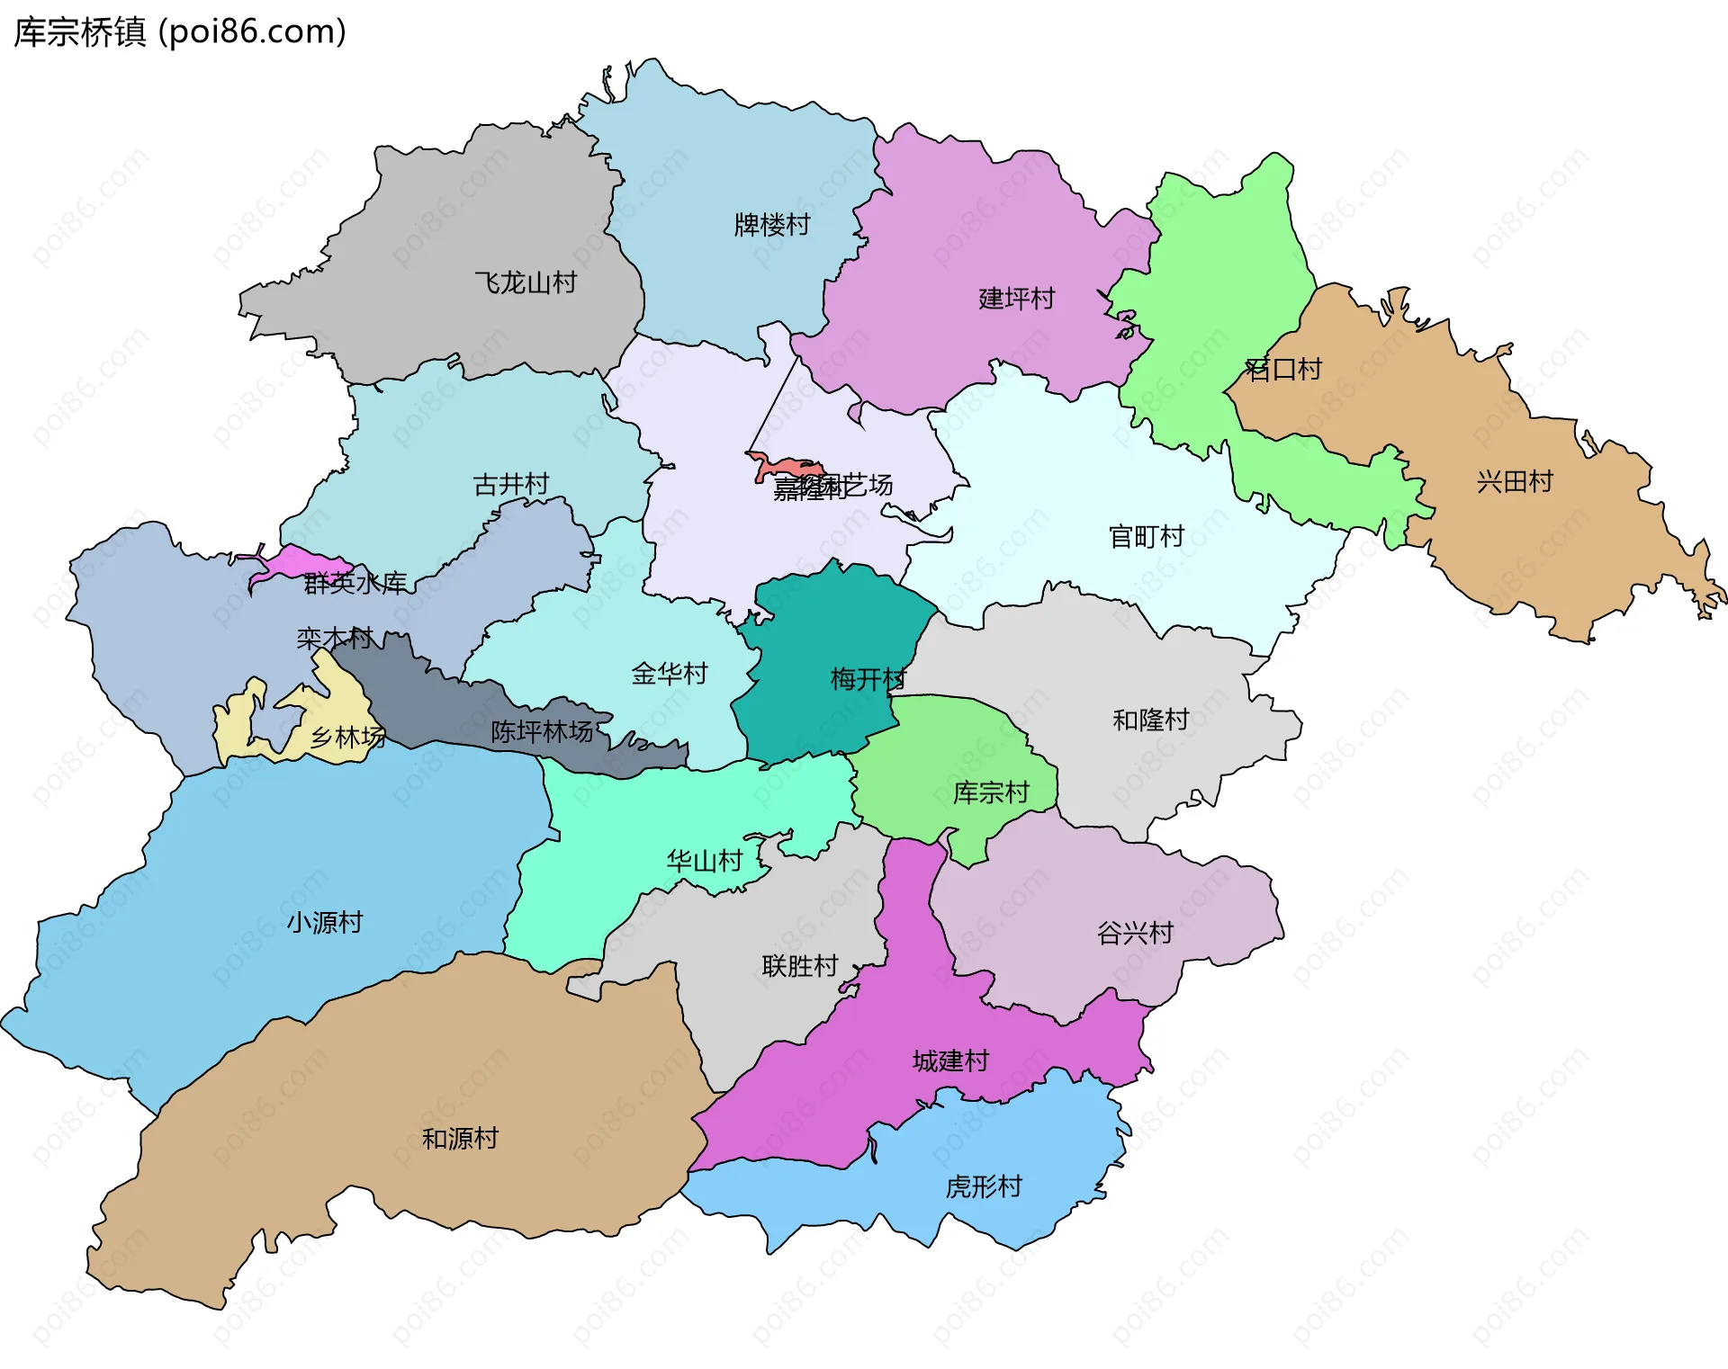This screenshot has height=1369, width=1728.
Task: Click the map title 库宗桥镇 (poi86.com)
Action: (x=180, y=32)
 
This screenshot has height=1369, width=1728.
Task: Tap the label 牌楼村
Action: (x=772, y=225)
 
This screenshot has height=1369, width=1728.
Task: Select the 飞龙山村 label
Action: (x=526, y=283)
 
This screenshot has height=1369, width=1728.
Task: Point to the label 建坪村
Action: (x=1016, y=299)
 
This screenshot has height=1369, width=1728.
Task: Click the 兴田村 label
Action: (x=1515, y=482)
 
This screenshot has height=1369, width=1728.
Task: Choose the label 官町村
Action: (x=1146, y=537)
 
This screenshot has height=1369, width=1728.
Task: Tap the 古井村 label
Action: (x=511, y=485)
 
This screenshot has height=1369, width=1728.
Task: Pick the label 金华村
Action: (x=670, y=674)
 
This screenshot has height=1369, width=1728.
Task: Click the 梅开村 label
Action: (x=868, y=679)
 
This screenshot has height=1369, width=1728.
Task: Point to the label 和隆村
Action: (x=1150, y=720)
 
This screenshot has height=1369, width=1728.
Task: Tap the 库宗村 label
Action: (x=991, y=793)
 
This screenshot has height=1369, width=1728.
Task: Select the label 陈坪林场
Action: (x=542, y=732)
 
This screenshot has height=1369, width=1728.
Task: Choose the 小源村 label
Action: (x=325, y=923)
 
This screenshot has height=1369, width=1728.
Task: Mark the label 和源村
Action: (x=460, y=1140)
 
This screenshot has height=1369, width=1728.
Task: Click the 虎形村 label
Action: (x=984, y=1187)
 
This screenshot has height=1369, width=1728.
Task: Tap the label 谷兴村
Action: (x=1135, y=934)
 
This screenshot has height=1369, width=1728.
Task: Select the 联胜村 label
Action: (x=800, y=966)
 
